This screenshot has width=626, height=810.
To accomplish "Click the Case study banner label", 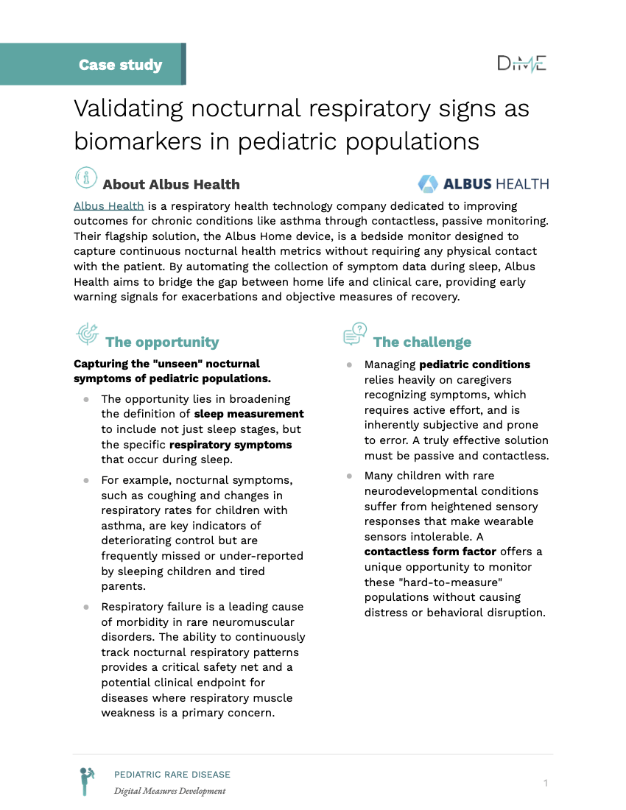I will coord(120,65).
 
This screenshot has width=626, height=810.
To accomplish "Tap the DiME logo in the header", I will coord(521,64).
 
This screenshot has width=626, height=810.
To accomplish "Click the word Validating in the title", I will coord(128,109).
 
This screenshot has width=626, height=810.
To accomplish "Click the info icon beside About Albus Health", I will coord(87,177).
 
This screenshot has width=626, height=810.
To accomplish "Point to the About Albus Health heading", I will coord(171,184).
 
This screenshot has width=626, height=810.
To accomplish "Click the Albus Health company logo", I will coord(483,183).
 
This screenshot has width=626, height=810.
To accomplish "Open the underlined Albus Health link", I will coord(108,205).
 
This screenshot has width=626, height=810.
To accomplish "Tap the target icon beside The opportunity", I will coord(87,334).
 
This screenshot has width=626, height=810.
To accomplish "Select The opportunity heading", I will coord(162,342).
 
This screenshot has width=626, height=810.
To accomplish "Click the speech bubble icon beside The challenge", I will coord(354,334).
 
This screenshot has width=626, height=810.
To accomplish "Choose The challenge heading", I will coord(422,342).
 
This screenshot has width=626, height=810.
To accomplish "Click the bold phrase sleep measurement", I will coord(249,414).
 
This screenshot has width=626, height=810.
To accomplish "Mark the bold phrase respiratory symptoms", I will coord(231,445).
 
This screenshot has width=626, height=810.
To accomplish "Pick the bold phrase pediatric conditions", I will coord(474,364).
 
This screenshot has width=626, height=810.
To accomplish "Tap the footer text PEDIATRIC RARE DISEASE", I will coord(172,775).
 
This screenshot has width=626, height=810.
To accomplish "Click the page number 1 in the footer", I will coord(546,783).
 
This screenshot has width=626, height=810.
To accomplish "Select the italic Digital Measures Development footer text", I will coord(169,791).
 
